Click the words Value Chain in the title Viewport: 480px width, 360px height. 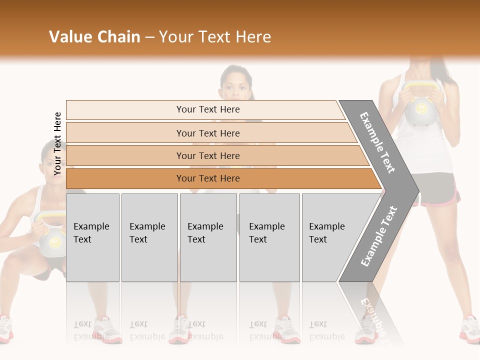(x=94, y=37)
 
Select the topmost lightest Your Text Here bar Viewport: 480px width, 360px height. (x=207, y=109)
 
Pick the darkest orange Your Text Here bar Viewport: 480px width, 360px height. (x=207, y=178)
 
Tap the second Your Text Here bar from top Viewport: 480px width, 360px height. (x=207, y=133)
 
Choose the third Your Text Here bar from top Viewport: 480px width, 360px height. (x=207, y=155)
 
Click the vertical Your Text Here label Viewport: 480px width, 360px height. (x=57, y=143)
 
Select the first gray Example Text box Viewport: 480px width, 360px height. (x=92, y=237)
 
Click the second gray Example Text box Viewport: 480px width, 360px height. (x=149, y=237)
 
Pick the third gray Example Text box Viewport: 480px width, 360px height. (x=207, y=237)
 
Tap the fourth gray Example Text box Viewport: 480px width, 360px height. (x=269, y=237)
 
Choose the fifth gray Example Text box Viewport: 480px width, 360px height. (x=330, y=237)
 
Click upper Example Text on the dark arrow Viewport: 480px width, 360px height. (x=377, y=142)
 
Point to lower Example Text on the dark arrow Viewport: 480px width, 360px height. (x=378, y=236)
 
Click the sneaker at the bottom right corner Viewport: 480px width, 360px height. (x=470, y=330)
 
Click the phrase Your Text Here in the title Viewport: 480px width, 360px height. (x=215, y=37)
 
